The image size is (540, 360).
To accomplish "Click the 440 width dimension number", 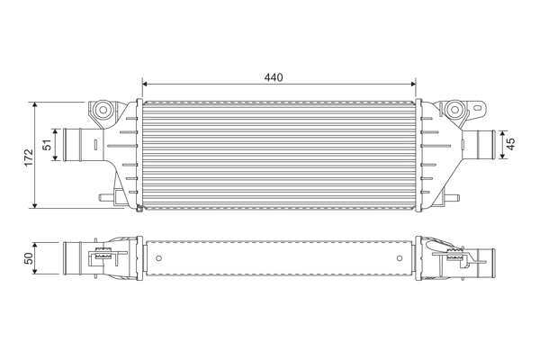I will (274, 77).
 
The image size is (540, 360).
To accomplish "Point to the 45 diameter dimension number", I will (510, 143).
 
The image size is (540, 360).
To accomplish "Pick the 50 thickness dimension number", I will (28, 258).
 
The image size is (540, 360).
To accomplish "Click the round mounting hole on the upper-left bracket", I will (103, 111).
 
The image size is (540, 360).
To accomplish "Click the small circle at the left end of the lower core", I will (158, 258).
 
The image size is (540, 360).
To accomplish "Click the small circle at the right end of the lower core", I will (400, 258).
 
